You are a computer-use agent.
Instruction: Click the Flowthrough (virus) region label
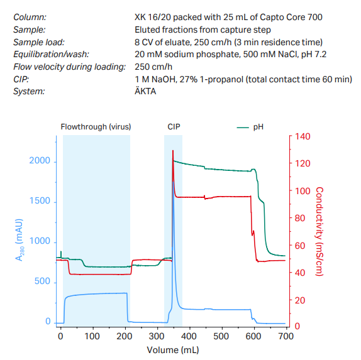point(96,126)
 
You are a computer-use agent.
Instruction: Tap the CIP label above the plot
point(174,126)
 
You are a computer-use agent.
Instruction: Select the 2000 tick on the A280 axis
point(39,161)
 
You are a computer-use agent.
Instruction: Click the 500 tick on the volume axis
point(221,336)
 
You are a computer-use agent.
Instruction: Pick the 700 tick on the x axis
point(286,336)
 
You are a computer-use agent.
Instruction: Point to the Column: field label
point(30,17)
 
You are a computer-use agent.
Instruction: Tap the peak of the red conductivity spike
point(172,151)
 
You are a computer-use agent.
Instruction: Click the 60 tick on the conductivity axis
point(299,245)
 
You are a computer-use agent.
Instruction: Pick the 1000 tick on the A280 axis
point(39,242)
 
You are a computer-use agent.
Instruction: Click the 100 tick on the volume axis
point(92,336)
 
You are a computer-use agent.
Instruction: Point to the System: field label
point(29,91)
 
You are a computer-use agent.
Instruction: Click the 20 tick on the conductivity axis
point(299,300)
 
